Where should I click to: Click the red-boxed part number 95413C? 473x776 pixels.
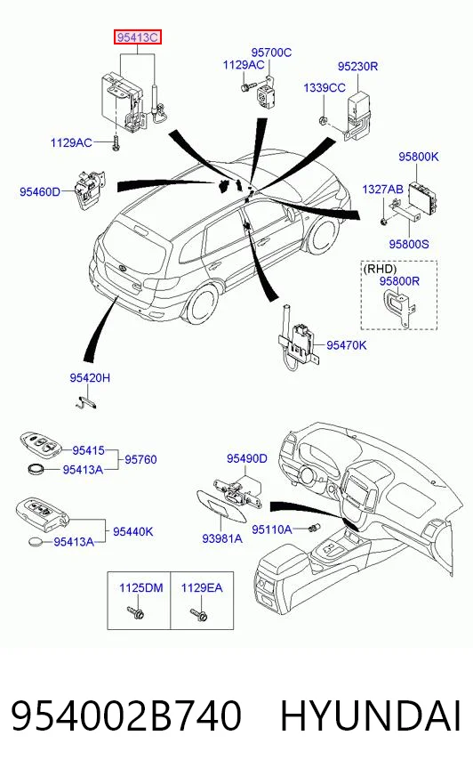138,37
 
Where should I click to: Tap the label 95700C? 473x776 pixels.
271,53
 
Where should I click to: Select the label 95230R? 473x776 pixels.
357,67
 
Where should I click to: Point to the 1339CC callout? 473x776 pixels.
325,87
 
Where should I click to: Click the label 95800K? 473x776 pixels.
419,157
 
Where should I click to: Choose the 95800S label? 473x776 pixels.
409,244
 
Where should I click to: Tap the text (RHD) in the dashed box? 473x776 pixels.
380,269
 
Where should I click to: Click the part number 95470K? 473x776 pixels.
347,345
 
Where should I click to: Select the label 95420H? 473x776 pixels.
90,377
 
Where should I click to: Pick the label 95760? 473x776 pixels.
140,460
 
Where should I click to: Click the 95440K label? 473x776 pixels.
133,531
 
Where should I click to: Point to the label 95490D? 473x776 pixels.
246,459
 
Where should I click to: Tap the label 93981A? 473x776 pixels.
222,538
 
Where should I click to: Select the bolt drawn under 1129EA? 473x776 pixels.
198,614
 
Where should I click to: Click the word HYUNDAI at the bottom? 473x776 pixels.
371,716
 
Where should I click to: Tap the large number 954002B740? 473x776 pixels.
126,716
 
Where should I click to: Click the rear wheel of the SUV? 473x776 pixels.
201,303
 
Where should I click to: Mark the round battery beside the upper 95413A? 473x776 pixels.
36,468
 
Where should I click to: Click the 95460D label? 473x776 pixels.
39,191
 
